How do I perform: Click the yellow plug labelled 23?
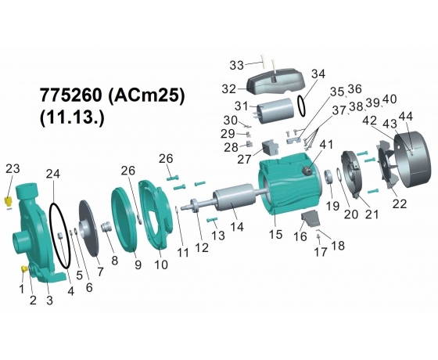(x=9, y=201)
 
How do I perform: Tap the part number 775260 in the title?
(x=71, y=95)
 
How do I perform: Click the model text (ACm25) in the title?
(x=145, y=95)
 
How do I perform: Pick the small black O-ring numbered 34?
(x=298, y=106)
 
